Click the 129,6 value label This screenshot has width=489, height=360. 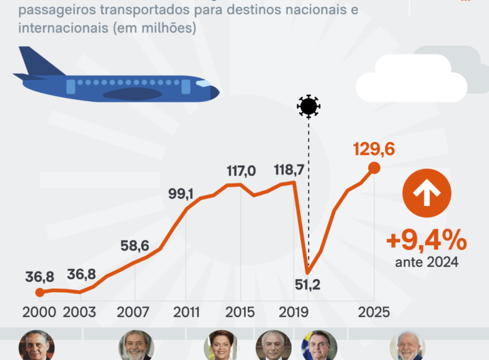374,149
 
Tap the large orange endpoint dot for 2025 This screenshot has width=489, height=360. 374,168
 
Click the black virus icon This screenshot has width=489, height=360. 308,106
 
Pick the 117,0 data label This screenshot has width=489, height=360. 241,171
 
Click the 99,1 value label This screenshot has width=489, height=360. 180,195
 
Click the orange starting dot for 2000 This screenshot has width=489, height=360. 39,292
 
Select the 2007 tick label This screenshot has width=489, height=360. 133,312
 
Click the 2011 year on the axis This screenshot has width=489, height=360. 187,312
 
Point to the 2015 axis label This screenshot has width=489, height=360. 239,312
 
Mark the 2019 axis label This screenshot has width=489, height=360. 293,312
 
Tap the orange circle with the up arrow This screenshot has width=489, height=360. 427,193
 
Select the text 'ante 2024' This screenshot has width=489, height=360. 426,262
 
